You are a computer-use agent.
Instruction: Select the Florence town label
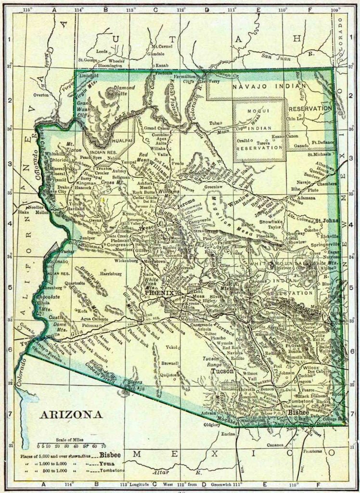223,332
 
